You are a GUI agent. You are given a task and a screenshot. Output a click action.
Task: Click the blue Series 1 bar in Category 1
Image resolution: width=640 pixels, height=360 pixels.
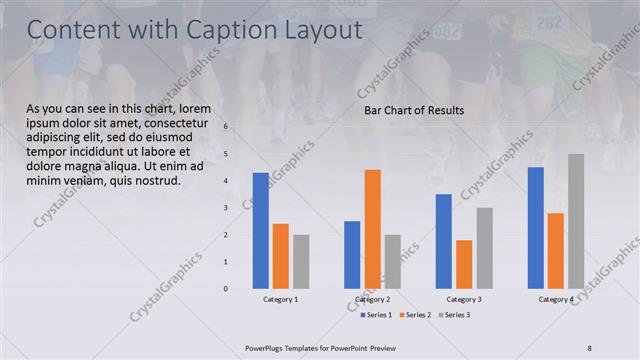[260, 231]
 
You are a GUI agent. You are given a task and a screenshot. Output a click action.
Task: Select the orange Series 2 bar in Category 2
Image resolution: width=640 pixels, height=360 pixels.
[372, 229]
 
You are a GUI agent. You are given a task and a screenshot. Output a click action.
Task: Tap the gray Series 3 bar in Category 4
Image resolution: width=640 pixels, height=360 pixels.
[576, 221]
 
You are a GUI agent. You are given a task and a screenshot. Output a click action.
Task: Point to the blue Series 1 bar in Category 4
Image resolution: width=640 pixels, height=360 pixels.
[536, 228]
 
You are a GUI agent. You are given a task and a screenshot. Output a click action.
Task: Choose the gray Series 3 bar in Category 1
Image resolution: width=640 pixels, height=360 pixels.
[301, 262]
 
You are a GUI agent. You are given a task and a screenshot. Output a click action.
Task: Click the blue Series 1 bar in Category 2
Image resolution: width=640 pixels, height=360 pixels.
[352, 255]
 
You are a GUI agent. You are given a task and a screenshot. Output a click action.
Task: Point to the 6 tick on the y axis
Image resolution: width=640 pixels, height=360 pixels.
[226, 127]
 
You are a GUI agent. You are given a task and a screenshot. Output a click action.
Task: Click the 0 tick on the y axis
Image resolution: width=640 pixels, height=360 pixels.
[226, 289]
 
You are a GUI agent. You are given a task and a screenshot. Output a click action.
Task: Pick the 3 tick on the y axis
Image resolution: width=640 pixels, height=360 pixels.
[226, 208]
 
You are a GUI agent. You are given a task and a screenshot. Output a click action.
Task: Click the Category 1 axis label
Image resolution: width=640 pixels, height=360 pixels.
[280, 299]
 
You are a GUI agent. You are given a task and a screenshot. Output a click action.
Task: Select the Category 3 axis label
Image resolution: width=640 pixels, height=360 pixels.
[464, 299]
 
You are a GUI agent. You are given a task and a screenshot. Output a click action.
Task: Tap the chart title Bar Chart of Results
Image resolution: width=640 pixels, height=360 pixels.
[413, 110]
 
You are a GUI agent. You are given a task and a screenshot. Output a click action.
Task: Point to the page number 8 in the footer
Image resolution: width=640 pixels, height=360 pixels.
[589, 347]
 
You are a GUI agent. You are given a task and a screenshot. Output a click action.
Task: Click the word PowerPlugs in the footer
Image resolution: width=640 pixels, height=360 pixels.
[269, 347]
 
